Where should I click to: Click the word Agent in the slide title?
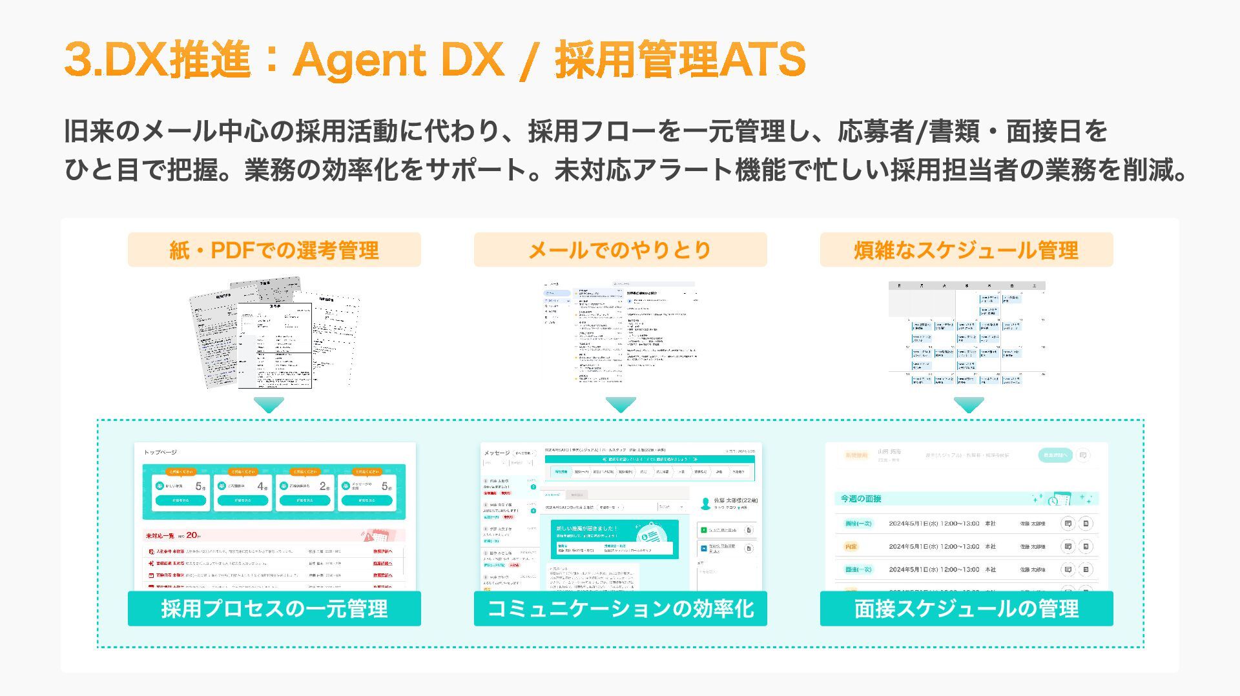click(359, 60)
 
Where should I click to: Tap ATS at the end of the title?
click(763, 60)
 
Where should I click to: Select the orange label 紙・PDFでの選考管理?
click(274, 250)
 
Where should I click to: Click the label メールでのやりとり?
click(620, 250)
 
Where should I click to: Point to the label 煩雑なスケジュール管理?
click(966, 250)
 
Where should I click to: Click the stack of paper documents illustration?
click(274, 333)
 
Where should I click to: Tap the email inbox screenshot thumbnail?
click(620, 332)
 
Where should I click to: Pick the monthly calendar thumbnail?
click(966, 333)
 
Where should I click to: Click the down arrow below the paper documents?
click(269, 405)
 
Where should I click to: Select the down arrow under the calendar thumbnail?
click(969, 405)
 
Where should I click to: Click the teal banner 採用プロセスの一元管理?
click(274, 608)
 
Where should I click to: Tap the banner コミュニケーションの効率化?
click(620, 608)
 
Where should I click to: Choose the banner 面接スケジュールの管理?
click(966, 608)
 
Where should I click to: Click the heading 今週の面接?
click(860, 498)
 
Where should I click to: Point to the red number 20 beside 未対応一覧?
click(192, 535)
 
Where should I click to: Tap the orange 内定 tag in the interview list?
click(851, 546)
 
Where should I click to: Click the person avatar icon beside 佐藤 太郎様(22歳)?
click(705, 503)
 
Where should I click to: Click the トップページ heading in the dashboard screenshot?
click(160, 452)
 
